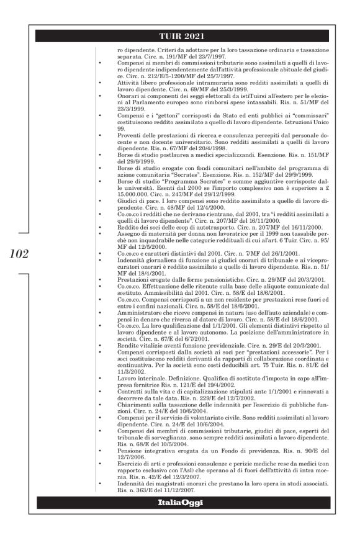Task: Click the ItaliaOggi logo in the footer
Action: point(180,500)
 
